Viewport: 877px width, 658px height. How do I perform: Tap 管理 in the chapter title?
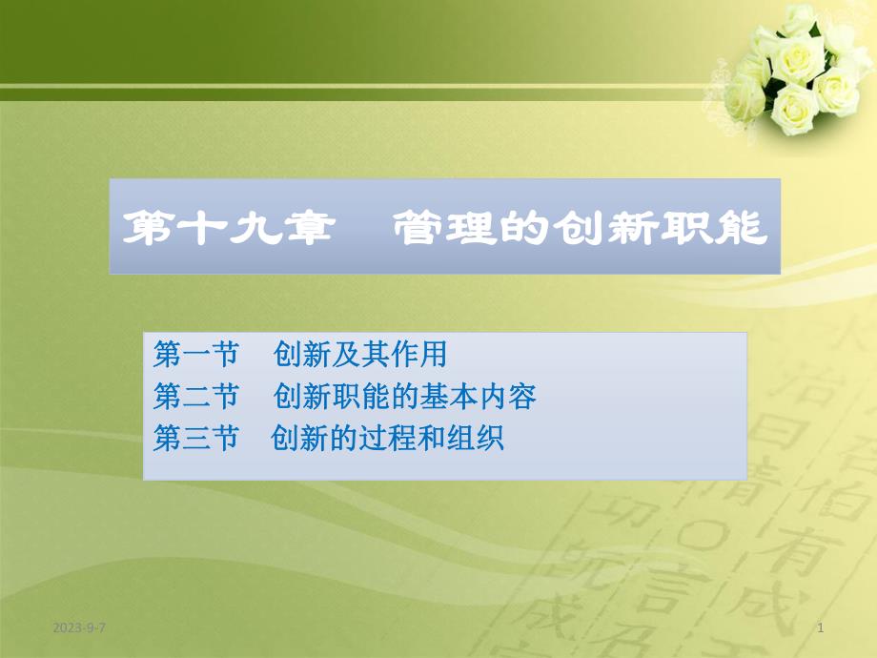point(436,229)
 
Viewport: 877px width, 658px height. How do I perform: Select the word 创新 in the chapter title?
point(615,229)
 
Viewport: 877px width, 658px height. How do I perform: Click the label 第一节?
point(194,356)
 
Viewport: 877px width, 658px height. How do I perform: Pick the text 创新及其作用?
point(359,356)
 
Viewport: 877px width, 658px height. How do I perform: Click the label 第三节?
point(194,439)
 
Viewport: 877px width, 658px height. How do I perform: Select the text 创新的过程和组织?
point(387,439)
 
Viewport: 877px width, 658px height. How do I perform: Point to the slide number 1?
point(821,627)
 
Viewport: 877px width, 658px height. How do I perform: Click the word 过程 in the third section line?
point(387,439)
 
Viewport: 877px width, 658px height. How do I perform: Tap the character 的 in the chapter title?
point(525,229)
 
